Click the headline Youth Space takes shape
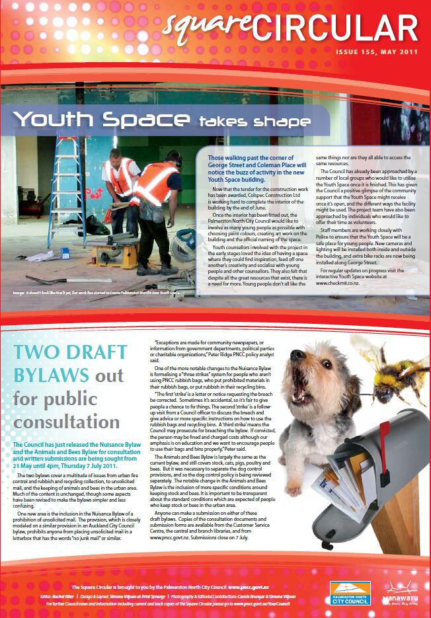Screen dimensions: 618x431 pos(162,120)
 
